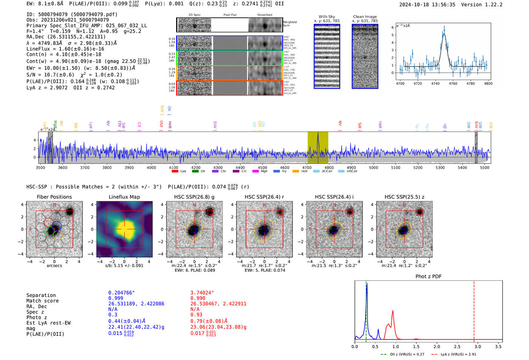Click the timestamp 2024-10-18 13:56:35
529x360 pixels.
point(427,5)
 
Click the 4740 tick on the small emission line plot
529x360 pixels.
point(435,83)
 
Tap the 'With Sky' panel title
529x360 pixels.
point(326,17)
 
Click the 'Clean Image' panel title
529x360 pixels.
point(365,17)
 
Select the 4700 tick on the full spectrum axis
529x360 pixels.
point(307,167)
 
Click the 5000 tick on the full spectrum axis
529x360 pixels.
point(373,167)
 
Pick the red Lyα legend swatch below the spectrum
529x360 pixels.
point(175,171)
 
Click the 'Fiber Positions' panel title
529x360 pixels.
point(54,197)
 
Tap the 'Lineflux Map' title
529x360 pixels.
point(124,197)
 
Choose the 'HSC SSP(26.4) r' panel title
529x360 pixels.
point(264,197)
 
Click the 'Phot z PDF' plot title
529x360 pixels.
point(428,276)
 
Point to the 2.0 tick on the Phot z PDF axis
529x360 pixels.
point(436,346)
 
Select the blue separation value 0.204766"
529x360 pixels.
point(121,293)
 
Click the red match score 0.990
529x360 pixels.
point(198,298)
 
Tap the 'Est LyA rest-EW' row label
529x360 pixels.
point(48,323)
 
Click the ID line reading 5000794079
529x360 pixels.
point(72,14)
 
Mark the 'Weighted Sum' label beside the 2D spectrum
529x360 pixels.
point(290,23)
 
